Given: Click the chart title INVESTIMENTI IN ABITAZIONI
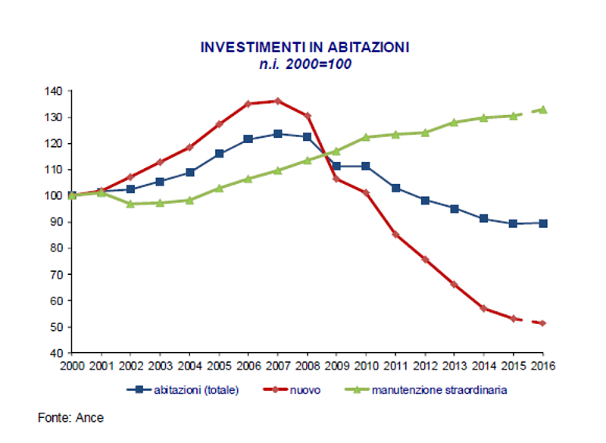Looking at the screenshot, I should click(x=305, y=47).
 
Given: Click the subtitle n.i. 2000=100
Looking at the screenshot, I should click(x=305, y=64).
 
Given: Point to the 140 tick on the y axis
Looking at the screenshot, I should click(x=54, y=91).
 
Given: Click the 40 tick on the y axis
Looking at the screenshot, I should click(x=57, y=353).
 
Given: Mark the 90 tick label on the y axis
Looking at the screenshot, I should click(x=57, y=222).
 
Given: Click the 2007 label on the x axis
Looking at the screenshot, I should click(x=277, y=366).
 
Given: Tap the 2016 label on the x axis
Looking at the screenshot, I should click(x=542, y=366).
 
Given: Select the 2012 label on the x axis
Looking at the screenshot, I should click(x=424, y=366).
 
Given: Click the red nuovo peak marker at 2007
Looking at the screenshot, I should click(x=277, y=101).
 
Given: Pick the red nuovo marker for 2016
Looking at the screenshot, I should click(x=542, y=323).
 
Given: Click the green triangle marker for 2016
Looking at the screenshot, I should click(x=542, y=109).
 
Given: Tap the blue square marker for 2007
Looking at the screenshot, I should click(x=277, y=133).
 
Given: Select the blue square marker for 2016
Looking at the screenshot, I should click(x=542, y=223).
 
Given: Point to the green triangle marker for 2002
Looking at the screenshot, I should click(x=130, y=204).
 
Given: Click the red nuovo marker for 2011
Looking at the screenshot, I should click(x=395, y=234).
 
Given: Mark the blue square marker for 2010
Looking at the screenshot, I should click(x=366, y=166).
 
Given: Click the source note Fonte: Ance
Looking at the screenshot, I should click(x=71, y=418).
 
